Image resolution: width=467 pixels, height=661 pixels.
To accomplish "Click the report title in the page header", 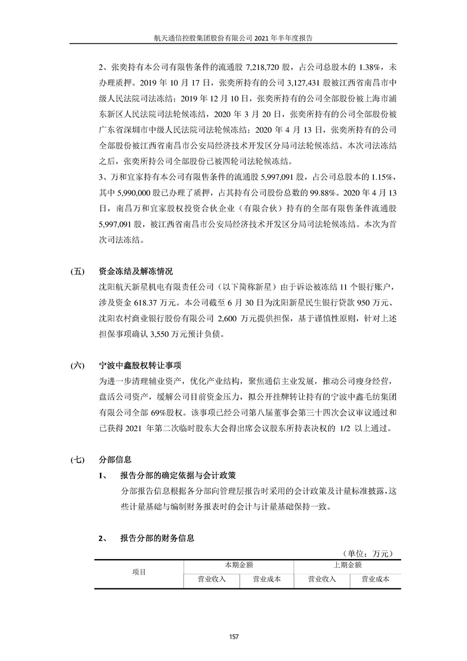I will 233,37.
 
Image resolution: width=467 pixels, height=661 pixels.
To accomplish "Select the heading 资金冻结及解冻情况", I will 137,272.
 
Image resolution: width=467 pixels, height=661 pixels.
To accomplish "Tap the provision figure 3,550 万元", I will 173,333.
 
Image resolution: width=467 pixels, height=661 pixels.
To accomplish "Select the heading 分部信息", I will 116,458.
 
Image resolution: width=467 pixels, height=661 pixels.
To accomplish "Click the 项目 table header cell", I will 139,572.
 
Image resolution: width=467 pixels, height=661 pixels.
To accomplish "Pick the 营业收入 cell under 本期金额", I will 211,579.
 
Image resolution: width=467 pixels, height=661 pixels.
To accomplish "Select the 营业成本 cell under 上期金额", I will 375,579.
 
